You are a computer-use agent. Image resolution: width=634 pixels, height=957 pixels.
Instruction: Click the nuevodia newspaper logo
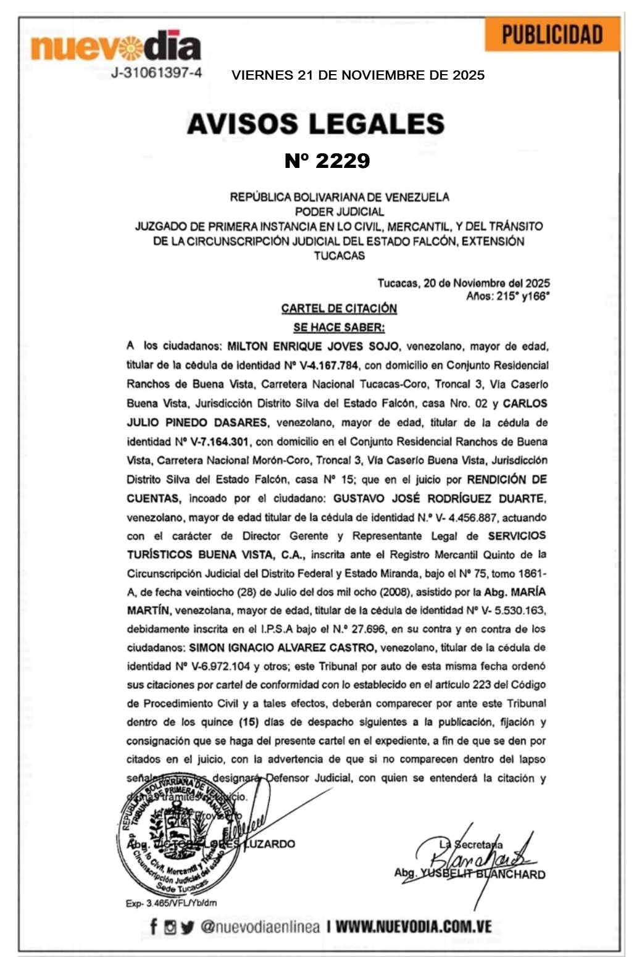[116, 46]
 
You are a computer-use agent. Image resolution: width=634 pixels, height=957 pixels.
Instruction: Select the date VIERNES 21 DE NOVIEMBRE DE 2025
[358, 75]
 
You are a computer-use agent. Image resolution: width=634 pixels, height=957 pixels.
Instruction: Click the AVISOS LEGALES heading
[315, 123]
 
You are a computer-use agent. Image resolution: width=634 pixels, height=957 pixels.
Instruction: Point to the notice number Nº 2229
[327, 161]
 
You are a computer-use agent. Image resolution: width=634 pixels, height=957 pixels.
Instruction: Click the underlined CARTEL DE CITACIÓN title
[339, 308]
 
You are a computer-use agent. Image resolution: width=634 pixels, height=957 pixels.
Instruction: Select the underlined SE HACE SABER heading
[339, 327]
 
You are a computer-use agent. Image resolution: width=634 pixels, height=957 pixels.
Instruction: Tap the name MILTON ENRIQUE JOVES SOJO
[313, 346]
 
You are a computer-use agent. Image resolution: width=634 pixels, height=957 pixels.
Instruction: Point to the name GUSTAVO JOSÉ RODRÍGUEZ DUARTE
[438, 498]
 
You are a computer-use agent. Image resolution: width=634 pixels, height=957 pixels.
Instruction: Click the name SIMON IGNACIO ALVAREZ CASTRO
[282, 648]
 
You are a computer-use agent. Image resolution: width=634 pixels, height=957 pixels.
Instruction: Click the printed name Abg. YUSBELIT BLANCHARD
[470, 874]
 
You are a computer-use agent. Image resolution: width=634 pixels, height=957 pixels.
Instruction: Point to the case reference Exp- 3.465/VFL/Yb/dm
[171, 903]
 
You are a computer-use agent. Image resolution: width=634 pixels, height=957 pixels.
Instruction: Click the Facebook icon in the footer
[154, 926]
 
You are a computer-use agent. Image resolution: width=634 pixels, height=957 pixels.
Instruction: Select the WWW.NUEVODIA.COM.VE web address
[413, 926]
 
